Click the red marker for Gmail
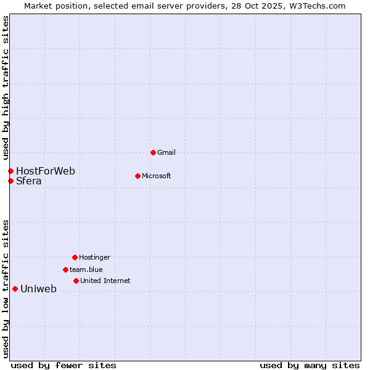pos(153,152)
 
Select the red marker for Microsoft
pos(138,176)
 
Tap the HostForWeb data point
pos(10,171)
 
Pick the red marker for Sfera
pos(10,181)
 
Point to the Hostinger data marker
pos(75,257)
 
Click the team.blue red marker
pos(65,269)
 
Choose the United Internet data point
pos(76,281)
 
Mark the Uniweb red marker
pos(15,289)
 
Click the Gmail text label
pos(166,152)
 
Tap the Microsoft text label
pos(157,176)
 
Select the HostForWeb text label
pos(46,171)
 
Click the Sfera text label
pos(29,181)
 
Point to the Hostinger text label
pos(94,257)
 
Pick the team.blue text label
pos(86,269)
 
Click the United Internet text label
pos(105,281)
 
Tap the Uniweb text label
pos(38,289)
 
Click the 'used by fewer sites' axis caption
pos(64,365)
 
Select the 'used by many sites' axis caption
pos(310,365)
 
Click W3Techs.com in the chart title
pos(315,6)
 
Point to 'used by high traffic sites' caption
pos(6,86)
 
